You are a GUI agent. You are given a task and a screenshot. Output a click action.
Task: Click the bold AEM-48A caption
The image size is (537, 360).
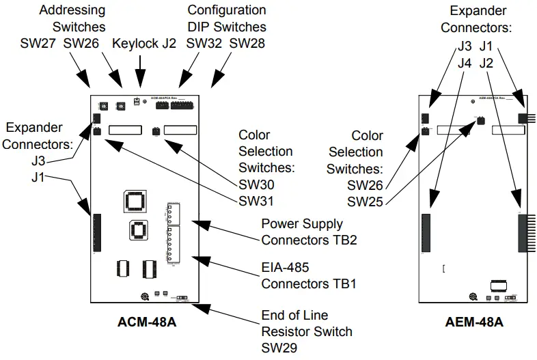pyautogui.click(x=475, y=321)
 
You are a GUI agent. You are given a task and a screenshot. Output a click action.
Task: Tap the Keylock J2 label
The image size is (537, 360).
pyautogui.click(x=144, y=43)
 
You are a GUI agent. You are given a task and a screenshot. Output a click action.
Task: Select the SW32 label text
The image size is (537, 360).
pyautogui.click(x=204, y=43)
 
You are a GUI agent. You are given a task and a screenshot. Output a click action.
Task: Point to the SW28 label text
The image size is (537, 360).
pyautogui.click(x=247, y=43)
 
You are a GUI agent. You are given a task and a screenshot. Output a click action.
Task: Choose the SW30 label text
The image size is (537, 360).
pyautogui.click(x=257, y=184)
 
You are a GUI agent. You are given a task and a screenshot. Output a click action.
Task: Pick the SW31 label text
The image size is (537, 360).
pyautogui.click(x=257, y=201)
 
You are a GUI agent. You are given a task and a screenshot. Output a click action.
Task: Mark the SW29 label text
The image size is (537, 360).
pyautogui.click(x=281, y=347)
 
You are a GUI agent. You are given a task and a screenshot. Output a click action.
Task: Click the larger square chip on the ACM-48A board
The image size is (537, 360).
pyautogui.click(x=135, y=201)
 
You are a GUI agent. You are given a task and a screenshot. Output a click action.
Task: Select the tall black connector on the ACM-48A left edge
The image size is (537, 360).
pyautogui.click(x=97, y=234)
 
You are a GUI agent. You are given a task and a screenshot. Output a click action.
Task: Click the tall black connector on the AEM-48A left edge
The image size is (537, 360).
pyautogui.click(x=427, y=233)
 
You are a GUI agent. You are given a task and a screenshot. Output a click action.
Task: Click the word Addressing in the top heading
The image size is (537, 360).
pyautogui.click(x=72, y=10)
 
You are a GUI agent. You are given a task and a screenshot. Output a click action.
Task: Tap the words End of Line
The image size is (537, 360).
pyautogui.click(x=294, y=316)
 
